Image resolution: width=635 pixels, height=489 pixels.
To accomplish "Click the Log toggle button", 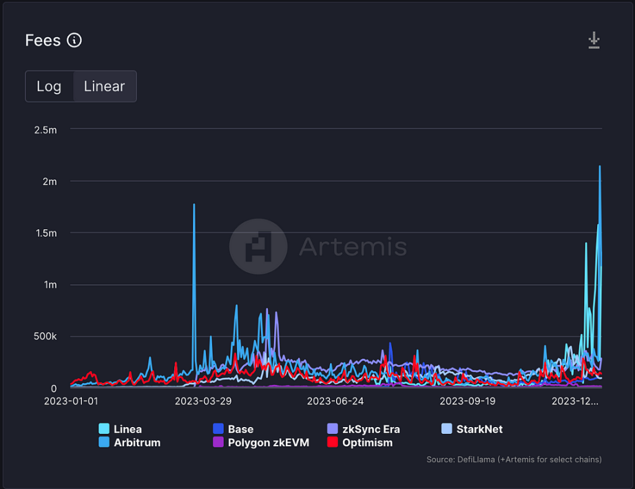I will click(49, 86).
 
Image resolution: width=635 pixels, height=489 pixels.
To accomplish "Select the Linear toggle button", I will click(105, 86).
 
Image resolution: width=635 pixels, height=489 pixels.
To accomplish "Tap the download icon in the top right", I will click(594, 41).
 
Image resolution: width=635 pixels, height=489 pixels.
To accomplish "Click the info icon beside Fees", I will click(74, 40).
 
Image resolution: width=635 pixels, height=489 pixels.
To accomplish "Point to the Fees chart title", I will click(43, 40).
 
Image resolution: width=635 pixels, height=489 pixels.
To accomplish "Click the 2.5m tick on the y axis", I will click(45, 129).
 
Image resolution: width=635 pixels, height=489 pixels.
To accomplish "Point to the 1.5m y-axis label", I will click(45, 233).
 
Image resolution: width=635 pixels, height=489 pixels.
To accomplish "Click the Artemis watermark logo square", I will click(258, 247).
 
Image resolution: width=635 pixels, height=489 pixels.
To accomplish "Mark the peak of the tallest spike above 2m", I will click(600, 166).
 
